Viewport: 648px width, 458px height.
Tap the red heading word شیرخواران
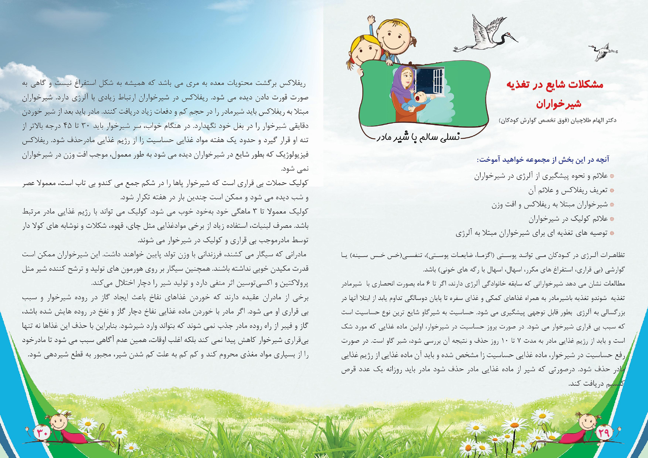tap(558, 104)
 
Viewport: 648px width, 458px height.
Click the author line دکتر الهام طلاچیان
tap(557, 120)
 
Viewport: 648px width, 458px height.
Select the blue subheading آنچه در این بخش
tap(543, 159)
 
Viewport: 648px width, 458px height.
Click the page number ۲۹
tap(604, 432)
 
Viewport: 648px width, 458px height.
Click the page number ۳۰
tap(42, 432)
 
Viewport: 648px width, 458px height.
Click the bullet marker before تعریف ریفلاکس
tap(612, 191)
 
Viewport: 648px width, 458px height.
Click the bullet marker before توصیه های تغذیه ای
tap(612, 234)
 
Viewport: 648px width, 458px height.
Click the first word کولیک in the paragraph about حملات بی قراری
tap(300, 183)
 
